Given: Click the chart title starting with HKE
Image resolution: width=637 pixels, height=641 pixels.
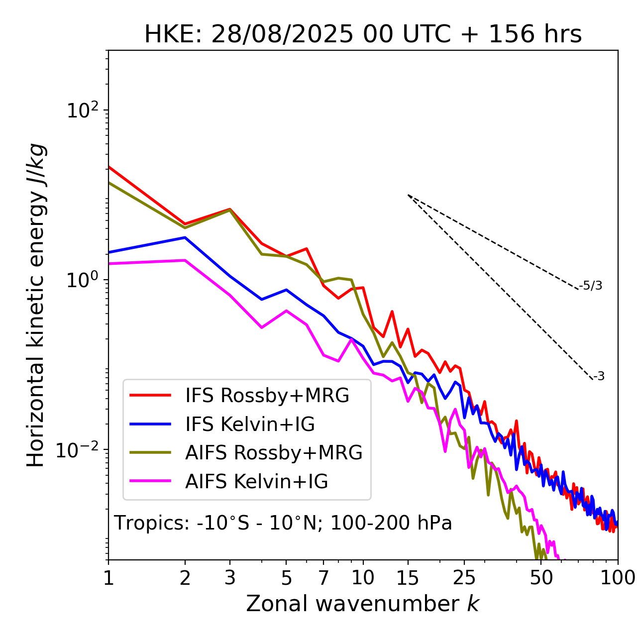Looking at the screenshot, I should click(363, 35).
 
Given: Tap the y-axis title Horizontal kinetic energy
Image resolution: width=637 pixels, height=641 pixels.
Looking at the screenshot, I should click(36, 305).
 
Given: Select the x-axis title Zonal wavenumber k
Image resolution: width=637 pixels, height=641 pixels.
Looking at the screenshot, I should click(362, 604).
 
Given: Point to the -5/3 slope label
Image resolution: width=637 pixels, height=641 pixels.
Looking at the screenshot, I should click(591, 286).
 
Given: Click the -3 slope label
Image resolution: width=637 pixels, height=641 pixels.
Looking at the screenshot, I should click(599, 377).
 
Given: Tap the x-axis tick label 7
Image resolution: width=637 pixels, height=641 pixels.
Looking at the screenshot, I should click(323, 578).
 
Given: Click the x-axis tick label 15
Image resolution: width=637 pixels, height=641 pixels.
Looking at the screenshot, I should click(408, 578).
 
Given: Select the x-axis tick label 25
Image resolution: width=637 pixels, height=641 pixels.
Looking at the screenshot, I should click(464, 578).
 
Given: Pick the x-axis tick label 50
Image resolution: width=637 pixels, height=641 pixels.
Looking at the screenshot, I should click(541, 578).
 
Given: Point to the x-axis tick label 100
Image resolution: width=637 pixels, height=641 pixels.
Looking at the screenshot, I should click(618, 578).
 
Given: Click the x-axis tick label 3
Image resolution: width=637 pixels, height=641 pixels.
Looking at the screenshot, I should click(230, 578).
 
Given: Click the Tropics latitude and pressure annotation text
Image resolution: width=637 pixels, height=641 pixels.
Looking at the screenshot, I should click(283, 524).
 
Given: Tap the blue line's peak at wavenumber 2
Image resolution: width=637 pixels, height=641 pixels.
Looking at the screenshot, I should click(185, 237).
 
